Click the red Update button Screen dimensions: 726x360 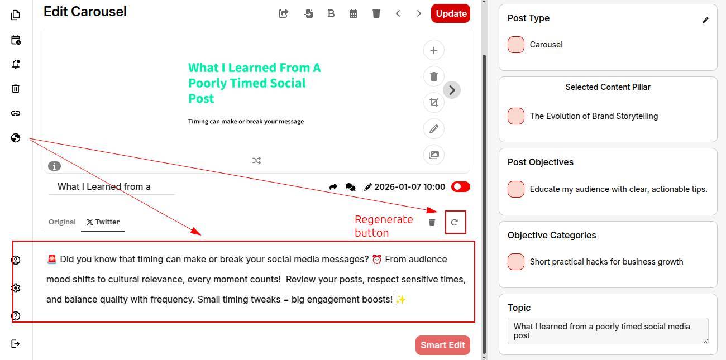[x=450, y=13]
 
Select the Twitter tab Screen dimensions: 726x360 [x=103, y=222]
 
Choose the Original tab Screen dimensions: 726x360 [x=62, y=222]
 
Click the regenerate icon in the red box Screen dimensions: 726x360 [x=455, y=222]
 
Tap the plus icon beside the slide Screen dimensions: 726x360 [x=434, y=50]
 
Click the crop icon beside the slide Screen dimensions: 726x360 [x=434, y=102]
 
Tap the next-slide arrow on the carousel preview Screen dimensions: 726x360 [x=452, y=90]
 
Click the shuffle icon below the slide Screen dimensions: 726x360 [x=256, y=160]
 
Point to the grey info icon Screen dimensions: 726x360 [x=54, y=166]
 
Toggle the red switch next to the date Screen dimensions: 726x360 [x=460, y=186]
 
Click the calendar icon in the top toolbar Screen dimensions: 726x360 [x=354, y=13]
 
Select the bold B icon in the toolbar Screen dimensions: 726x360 [x=331, y=13]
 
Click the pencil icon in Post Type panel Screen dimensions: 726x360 [x=705, y=21]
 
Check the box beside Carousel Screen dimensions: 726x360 [x=515, y=45]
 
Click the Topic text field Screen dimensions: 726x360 [x=608, y=331]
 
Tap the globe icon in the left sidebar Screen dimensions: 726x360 [x=16, y=138]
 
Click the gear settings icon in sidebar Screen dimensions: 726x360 [x=16, y=288]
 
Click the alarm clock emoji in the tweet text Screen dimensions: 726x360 [x=376, y=259]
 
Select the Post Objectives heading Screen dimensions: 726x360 [x=540, y=162]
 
